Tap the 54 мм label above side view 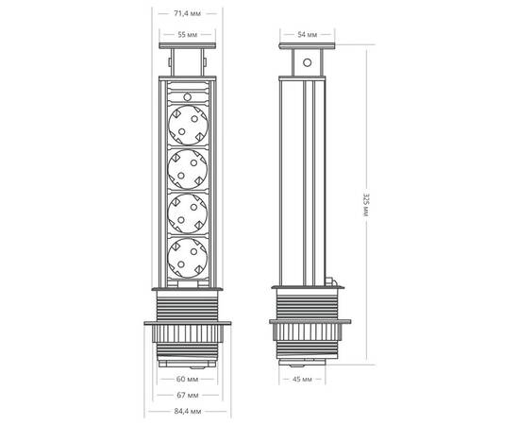308,35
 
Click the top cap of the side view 307,50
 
